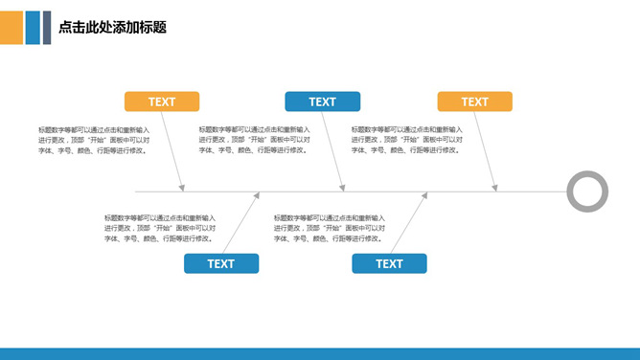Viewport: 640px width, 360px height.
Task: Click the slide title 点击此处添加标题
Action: click(x=113, y=28)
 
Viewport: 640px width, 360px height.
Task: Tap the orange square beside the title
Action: click(x=11, y=28)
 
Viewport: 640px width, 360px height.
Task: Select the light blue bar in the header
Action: click(x=33, y=28)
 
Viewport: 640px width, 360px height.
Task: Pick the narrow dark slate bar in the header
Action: click(x=46, y=28)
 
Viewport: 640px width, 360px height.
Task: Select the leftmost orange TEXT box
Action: click(x=162, y=101)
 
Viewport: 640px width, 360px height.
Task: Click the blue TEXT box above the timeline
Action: click(x=322, y=101)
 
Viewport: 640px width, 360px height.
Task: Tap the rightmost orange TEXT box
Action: click(x=474, y=101)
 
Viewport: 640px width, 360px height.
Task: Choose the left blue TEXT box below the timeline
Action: click(x=221, y=263)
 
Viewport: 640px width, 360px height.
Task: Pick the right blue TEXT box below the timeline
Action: click(x=389, y=263)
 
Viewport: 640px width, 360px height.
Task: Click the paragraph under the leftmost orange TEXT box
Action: click(x=94, y=140)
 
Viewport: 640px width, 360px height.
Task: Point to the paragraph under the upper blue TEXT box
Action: click(x=255, y=140)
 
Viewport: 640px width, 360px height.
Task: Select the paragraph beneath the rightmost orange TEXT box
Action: click(x=407, y=140)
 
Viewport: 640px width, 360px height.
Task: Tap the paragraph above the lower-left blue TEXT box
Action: click(x=160, y=228)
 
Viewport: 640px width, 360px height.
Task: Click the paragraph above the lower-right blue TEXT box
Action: click(x=330, y=228)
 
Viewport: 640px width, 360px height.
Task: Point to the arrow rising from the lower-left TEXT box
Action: click(x=241, y=223)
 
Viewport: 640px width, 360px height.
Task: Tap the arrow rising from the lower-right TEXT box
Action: click(x=409, y=223)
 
